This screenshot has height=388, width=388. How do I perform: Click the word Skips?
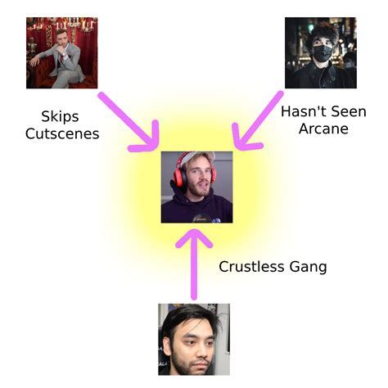[60, 117]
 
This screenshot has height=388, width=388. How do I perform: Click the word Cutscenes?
[62, 133]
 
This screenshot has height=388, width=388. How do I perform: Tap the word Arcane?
[323, 129]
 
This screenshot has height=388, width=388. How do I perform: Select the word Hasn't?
[300, 111]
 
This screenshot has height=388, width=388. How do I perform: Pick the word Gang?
[309, 268]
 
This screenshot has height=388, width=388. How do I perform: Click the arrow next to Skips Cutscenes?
[130, 123]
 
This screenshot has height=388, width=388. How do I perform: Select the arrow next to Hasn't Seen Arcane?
[256, 122]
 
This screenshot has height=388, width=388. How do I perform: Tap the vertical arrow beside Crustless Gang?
[194, 264]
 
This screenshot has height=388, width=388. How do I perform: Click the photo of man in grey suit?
[62, 53]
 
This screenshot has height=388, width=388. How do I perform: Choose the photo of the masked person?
[321, 53]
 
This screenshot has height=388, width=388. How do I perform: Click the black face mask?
[323, 53]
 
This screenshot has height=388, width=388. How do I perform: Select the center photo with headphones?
[196, 187]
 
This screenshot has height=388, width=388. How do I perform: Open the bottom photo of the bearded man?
[194, 340]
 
